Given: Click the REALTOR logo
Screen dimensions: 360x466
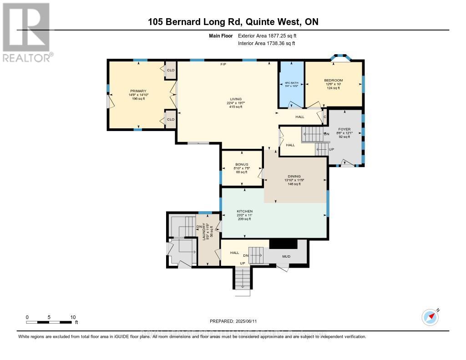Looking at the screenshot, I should point(27,32).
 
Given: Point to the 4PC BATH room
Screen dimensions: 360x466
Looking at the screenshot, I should point(291,85).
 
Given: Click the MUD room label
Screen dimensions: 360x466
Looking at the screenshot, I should point(286,256).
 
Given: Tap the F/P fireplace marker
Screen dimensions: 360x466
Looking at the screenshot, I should point(223,65).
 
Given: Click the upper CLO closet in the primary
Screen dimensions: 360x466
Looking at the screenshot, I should point(171,70).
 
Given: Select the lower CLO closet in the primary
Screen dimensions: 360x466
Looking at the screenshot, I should point(171,119).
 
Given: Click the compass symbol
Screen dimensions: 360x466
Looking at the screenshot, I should point(430,317).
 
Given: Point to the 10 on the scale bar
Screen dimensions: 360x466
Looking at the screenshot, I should point(73,317).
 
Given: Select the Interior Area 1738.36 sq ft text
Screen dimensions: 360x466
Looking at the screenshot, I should point(267,43).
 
